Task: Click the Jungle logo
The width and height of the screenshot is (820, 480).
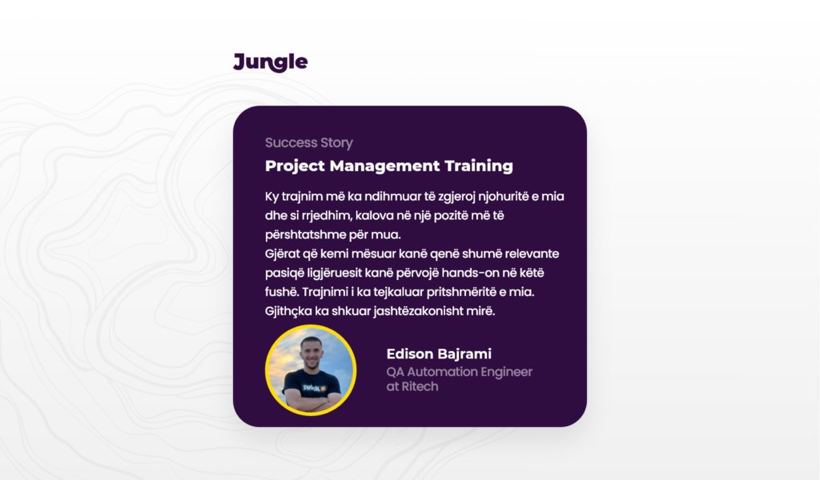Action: (x=271, y=62)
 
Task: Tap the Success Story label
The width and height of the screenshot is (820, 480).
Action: (x=309, y=142)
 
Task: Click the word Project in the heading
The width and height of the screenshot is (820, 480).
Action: (x=295, y=166)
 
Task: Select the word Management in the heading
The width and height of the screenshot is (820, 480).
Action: (x=384, y=166)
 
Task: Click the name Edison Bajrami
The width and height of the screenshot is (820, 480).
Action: (x=439, y=354)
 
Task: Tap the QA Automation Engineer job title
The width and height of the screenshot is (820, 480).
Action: (x=459, y=372)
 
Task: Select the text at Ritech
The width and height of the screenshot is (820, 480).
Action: (x=412, y=386)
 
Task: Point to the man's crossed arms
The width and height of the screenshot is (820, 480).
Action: (x=312, y=402)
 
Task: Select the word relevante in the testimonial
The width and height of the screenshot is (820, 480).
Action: (x=533, y=254)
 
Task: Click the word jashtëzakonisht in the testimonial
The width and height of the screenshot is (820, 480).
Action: (x=418, y=311)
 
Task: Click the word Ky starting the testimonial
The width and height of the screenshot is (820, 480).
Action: (x=272, y=197)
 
